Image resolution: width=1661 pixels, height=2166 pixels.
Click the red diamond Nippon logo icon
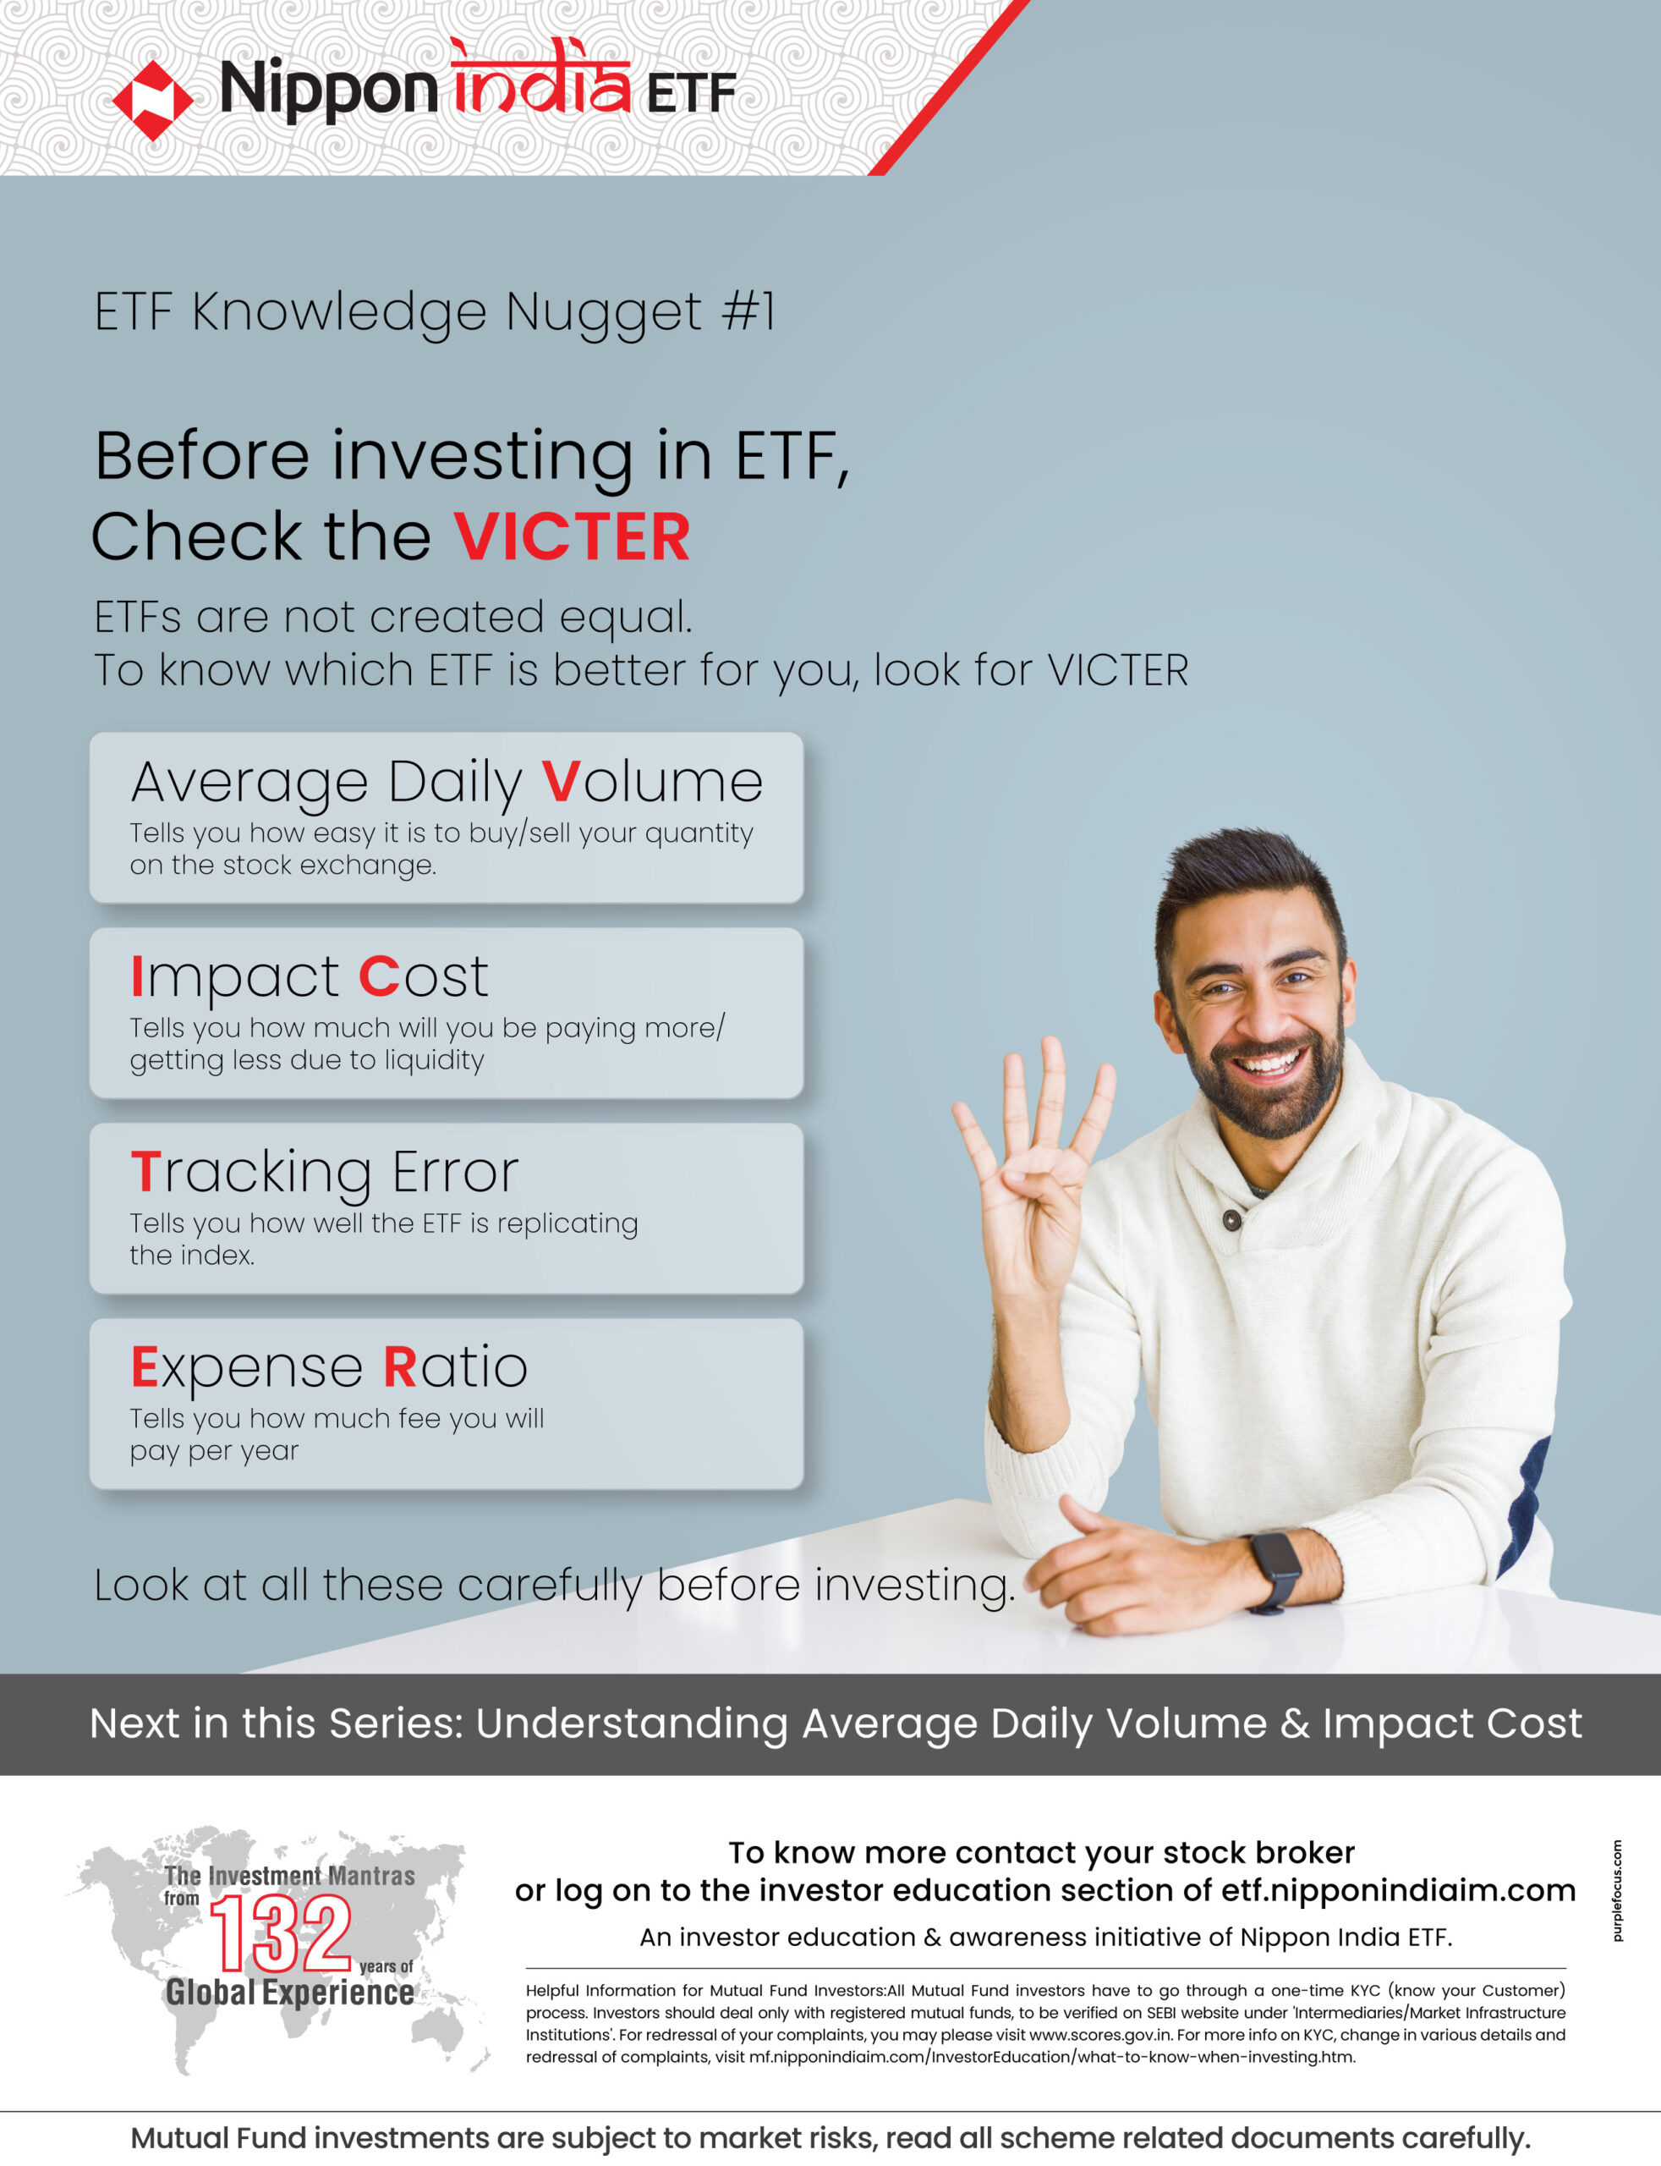point(152,100)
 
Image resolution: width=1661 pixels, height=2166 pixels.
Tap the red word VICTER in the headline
point(572,537)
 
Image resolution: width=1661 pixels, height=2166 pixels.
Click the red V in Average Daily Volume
point(561,783)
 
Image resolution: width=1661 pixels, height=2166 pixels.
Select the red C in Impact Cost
point(379,977)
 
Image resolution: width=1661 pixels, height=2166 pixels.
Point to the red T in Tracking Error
point(145,1172)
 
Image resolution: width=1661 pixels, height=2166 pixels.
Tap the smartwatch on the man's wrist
point(1275,1571)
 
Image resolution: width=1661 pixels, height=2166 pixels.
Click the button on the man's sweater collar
point(1232,1219)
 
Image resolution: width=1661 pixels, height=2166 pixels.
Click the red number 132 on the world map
point(281,1932)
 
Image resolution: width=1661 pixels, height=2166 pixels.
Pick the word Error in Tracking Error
point(455,1172)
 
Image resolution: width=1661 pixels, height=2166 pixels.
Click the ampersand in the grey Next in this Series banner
point(1294,1723)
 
